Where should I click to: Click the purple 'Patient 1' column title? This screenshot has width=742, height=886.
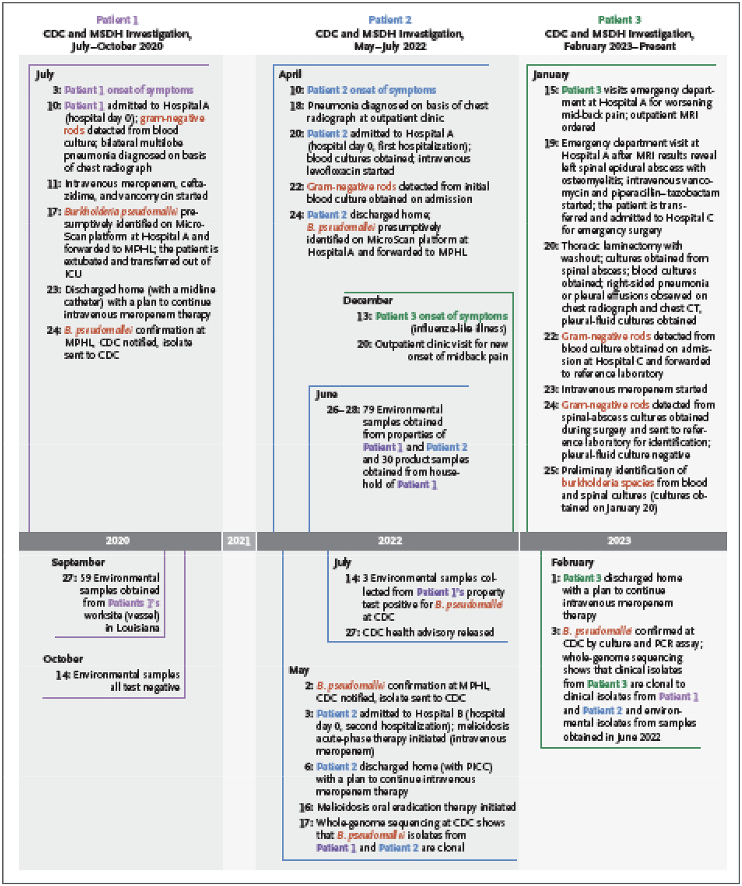click(117, 20)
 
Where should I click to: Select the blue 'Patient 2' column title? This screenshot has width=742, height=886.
click(390, 20)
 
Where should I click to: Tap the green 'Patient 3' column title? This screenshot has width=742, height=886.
click(619, 20)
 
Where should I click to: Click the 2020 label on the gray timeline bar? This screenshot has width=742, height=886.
click(118, 540)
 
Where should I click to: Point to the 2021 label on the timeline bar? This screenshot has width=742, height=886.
click(239, 540)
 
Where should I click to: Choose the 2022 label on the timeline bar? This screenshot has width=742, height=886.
click(390, 540)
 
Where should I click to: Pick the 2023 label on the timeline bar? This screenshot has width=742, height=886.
click(619, 540)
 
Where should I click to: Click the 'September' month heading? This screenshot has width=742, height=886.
click(78, 562)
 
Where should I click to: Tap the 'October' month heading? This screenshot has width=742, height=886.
click(63, 659)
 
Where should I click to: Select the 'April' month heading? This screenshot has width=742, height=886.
click(290, 74)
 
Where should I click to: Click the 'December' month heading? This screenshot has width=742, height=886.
click(368, 300)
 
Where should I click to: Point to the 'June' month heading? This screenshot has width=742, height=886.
click(326, 394)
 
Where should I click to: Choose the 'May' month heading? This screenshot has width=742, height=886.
click(299, 670)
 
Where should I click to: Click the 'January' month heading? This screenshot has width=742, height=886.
click(551, 75)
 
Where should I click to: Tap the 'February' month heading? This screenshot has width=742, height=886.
click(572, 562)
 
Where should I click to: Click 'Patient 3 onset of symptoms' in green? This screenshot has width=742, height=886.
click(441, 316)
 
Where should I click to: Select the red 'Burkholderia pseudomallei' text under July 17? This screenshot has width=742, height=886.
click(121, 212)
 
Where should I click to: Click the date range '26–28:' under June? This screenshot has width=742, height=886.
click(343, 410)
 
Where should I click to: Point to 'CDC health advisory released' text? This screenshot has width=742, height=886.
click(428, 632)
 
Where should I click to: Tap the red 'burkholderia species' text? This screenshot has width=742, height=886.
click(608, 483)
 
